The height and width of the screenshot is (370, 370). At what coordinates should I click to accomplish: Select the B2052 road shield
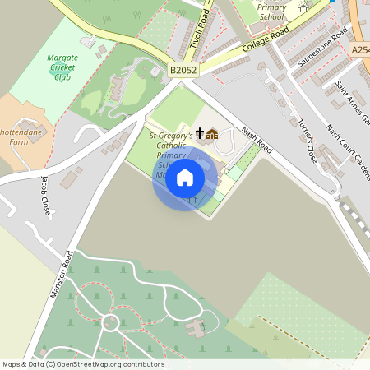coord(182,72)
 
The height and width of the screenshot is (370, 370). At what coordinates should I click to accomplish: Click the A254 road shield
coord(360,50)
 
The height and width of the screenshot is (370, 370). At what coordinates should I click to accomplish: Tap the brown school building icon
coord(212,134)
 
